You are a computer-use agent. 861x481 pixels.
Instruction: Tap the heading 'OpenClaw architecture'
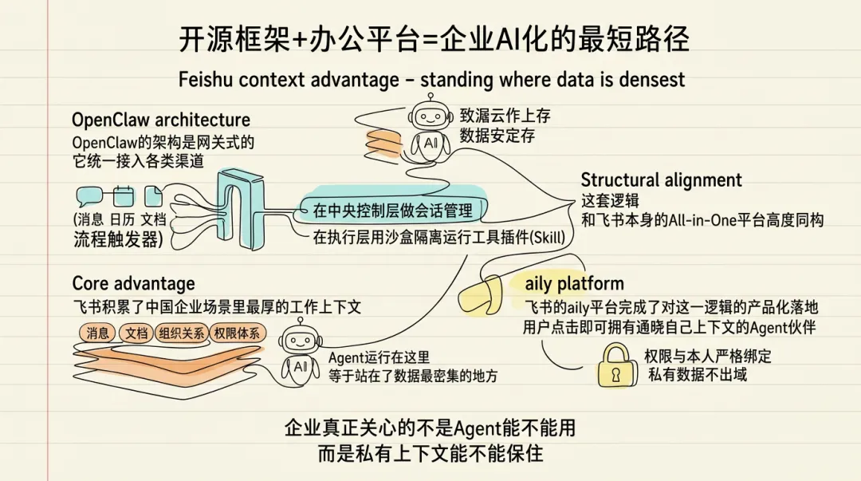(160, 120)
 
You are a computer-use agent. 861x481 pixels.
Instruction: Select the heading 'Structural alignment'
(661, 179)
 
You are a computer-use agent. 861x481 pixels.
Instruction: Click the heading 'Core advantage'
(133, 284)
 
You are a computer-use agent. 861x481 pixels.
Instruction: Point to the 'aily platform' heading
(574, 284)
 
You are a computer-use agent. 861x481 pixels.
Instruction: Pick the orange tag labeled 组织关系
(180, 334)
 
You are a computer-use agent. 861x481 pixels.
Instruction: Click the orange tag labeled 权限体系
(237, 334)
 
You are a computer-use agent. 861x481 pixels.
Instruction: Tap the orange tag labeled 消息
(97, 334)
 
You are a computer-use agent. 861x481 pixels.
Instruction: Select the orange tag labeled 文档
(136, 334)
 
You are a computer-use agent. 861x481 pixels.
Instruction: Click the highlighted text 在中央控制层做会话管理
(391, 211)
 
